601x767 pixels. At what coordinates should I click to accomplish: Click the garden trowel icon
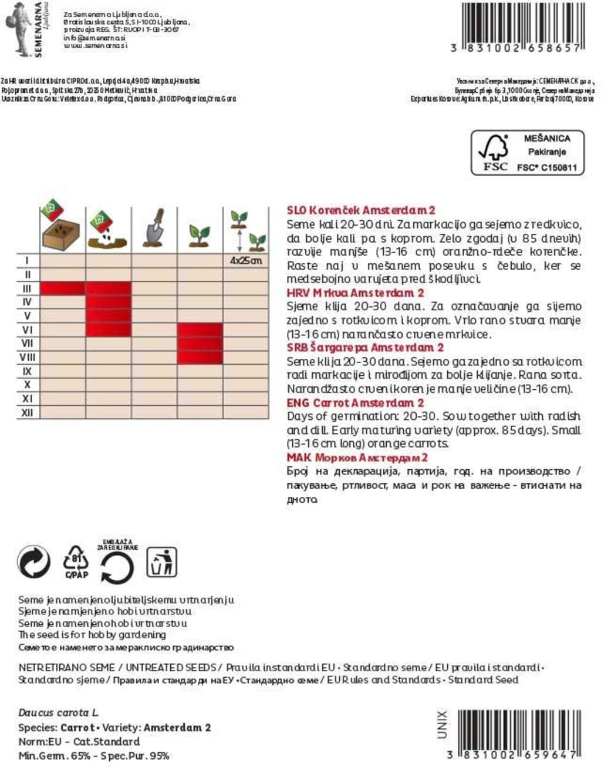154,228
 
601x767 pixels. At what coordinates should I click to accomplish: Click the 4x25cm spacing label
246,260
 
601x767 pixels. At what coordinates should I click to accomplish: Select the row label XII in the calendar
27,412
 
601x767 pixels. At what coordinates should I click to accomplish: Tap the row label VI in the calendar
27,329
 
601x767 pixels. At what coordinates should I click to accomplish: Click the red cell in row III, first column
63,288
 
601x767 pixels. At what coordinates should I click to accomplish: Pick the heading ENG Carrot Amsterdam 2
355,403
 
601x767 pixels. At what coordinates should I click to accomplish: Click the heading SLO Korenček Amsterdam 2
361,210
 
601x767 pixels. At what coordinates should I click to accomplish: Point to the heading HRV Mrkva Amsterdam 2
355,292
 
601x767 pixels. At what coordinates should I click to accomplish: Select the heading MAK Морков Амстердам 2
357,457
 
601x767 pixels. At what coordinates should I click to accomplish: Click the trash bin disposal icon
161,562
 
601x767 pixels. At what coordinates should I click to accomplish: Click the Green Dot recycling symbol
33,562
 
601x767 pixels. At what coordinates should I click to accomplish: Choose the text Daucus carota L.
58,713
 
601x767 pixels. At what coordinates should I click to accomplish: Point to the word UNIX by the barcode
442,724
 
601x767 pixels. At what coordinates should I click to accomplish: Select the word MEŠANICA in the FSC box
546,139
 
